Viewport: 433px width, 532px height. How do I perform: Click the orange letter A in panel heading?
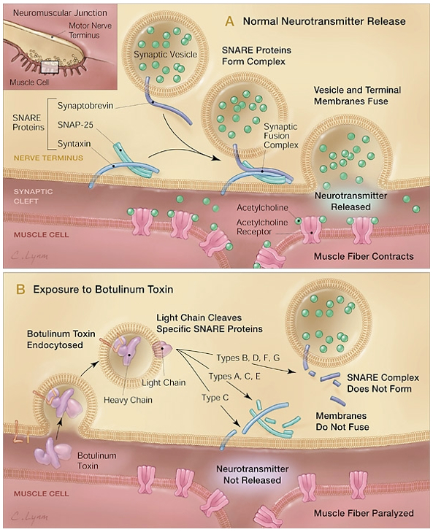click(x=229, y=21)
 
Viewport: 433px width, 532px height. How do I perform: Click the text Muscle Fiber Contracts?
click(x=363, y=256)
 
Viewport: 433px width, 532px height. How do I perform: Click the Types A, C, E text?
click(x=232, y=377)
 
